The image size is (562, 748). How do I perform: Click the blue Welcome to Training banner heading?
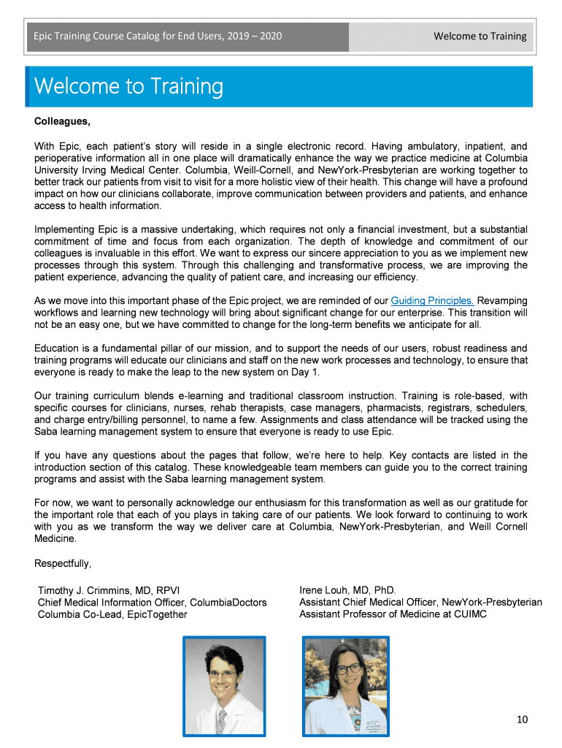[128, 87]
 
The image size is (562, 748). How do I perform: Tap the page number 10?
[522, 720]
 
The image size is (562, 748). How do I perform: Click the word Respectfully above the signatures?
[63, 563]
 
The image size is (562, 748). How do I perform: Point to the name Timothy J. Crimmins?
[92, 590]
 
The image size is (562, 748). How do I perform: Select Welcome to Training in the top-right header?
[480, 36]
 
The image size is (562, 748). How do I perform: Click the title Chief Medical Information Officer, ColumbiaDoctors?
[152, 603]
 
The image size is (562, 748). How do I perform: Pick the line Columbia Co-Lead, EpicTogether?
[112, 614]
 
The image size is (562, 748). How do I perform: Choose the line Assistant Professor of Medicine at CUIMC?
[393, 614]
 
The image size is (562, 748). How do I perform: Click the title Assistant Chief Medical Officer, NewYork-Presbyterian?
[420, 603]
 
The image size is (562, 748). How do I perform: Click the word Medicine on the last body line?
[55, 538]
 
